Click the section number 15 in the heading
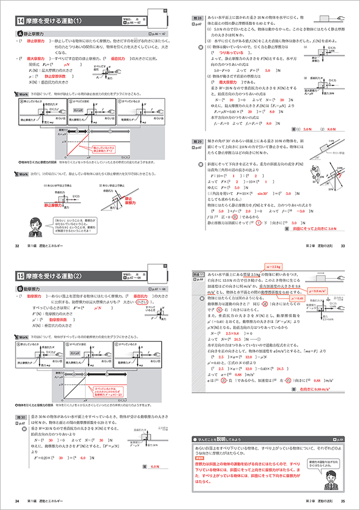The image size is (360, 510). (20, 275)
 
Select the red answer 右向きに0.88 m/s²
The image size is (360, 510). (321, 389)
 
